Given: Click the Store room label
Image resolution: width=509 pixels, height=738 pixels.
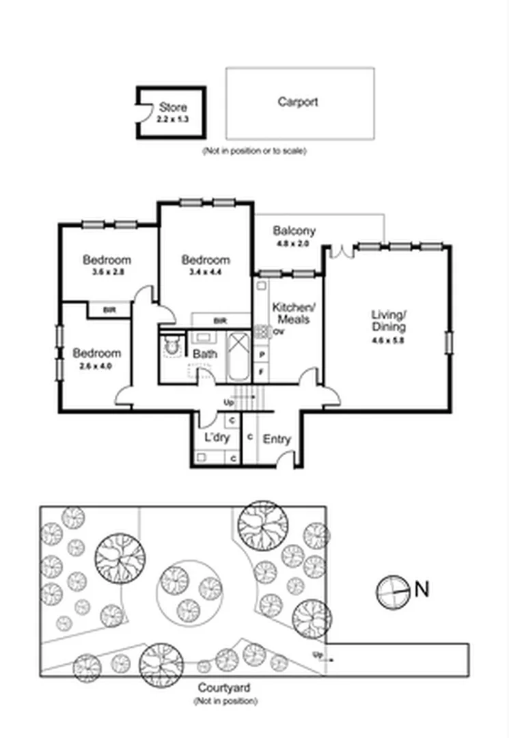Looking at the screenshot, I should pos(172,107).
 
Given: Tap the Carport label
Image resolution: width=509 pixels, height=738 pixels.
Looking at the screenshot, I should pos(297,102).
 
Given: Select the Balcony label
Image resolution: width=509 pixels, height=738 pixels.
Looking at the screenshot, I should pos(294,230).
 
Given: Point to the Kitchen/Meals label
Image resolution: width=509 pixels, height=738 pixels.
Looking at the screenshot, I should pos(292,313).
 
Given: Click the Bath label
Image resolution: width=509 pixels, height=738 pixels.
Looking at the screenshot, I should pos(204,354).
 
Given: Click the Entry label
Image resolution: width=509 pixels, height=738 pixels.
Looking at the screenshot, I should pos(277,439).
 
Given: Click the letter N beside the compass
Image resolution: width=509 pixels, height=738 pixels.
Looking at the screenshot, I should pos(422,589).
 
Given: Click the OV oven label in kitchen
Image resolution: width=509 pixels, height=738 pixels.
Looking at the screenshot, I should pos(278,332).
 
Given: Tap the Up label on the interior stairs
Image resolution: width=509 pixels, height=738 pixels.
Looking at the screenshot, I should pos(229,402).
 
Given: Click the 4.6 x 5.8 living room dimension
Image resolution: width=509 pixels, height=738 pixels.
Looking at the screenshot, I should pos(388,340).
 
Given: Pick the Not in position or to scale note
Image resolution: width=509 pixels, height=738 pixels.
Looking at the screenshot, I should pos(254,151).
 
